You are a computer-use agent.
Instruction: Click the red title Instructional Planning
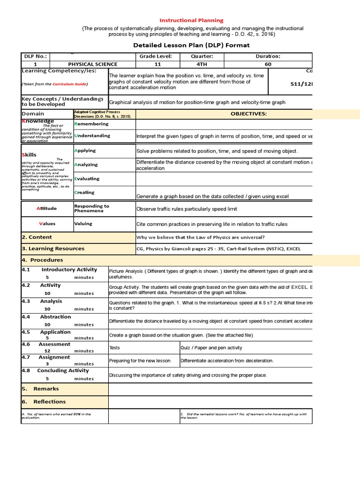coord(192,20)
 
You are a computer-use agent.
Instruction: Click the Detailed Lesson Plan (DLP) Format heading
coord(192,45)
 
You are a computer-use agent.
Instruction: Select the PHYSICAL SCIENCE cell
coord(93,64)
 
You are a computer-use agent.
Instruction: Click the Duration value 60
coord(268,64)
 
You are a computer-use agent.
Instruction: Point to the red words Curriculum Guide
coord(69,84)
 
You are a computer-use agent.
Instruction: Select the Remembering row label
coord(91,124)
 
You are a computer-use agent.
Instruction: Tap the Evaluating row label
coord(87,179)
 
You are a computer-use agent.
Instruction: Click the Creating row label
coord(84,192)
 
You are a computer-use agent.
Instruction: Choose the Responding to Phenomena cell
coord(92,208)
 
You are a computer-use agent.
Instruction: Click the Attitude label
coord(47,208)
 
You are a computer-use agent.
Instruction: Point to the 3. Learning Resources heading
coord(53,248)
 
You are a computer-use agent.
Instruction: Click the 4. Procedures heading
coord(42,260)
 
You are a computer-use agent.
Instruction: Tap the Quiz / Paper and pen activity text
coord(211,347)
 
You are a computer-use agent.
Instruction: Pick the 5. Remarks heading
coord(40,389)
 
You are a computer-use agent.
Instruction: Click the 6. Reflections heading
coord(44,401)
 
